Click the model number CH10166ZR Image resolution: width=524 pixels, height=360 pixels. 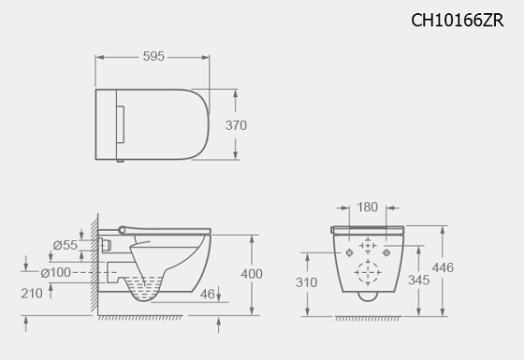(x=457, y=20)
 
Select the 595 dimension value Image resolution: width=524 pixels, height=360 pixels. (x=153, y=56)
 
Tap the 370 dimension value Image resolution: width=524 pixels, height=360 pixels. (x=236, y=125)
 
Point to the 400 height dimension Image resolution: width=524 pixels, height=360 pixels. (x=252, y=274)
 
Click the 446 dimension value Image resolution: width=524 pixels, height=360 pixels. (x=443, y=267)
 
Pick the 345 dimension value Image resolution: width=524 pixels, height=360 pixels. (x=419, y=281)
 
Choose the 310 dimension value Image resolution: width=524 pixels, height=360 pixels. (x=307, y=282)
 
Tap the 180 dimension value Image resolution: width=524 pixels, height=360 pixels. (x=367, y=207)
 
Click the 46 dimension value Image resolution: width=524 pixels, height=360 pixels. (x=207, y=295)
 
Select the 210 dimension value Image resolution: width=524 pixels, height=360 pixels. (x=32, y=294)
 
